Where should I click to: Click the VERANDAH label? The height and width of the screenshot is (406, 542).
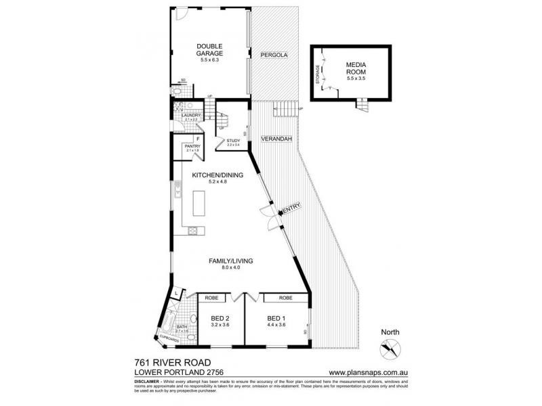coord(276,139)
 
